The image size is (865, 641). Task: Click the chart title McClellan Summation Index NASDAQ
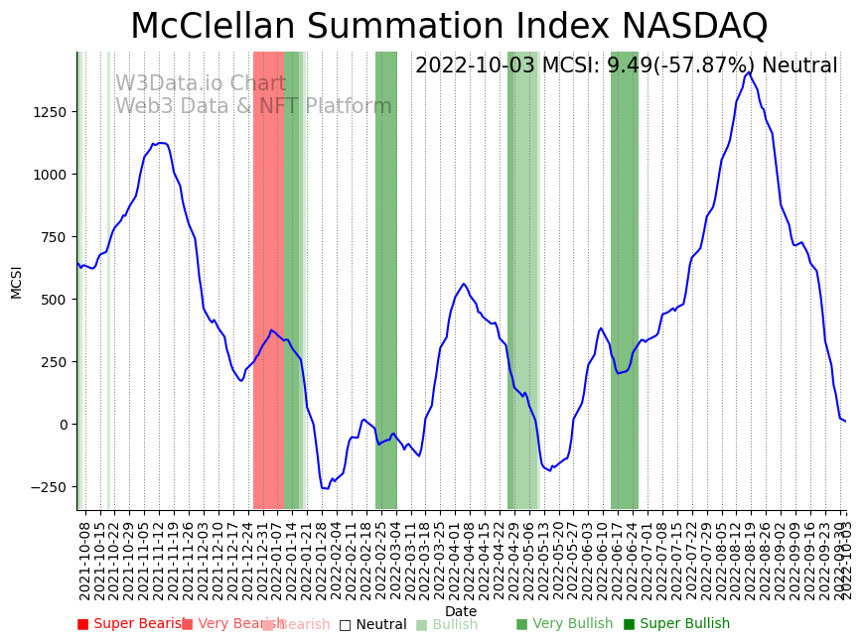(449, 26)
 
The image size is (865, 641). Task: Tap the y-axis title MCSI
(16, 281)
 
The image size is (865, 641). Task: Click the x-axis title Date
(461, 611)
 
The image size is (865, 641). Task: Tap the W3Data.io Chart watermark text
(201, 84)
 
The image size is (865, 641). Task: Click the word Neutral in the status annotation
(799, 66)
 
